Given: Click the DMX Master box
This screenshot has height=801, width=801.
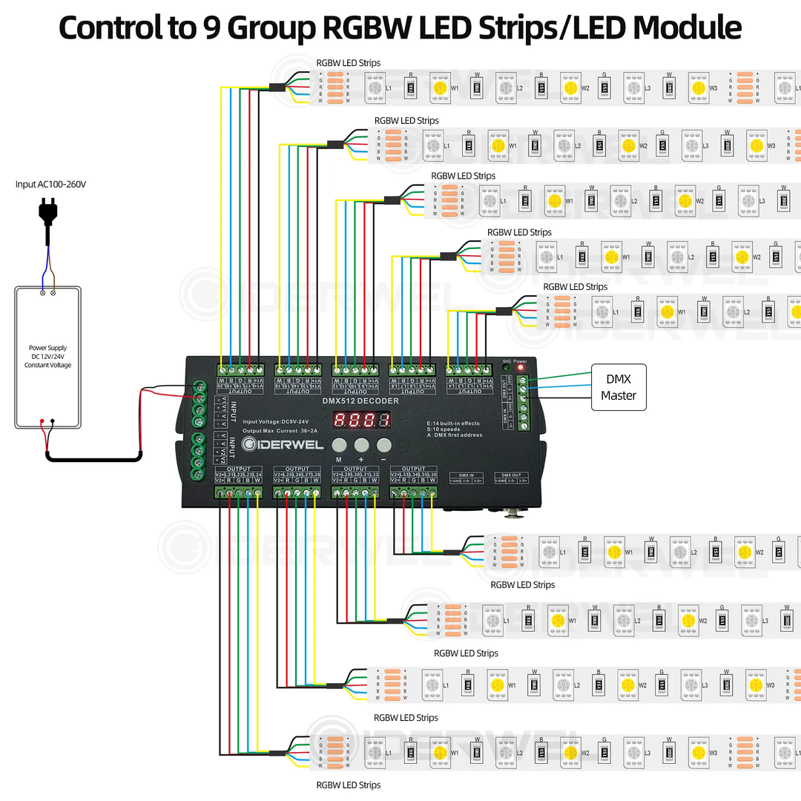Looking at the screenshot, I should [618, 387].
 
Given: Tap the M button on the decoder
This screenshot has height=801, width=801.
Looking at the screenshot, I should [339, 445].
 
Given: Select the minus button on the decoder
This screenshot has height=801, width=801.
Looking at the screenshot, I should [383, 445].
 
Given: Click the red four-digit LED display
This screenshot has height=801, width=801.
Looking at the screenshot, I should [361, 420].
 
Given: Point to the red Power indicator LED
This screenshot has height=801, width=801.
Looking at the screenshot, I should [521, 367].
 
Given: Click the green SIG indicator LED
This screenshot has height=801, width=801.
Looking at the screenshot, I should [507, 367].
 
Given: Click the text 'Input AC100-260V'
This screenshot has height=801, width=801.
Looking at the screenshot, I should [50, 183].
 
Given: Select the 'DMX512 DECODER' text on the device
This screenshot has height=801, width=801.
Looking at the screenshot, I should [360, 401].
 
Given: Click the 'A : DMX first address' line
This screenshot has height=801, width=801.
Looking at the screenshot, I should [455, 435].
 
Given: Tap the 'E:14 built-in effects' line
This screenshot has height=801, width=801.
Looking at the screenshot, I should [453, 423].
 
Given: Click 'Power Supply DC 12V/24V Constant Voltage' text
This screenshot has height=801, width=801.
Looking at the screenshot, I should [47, 356].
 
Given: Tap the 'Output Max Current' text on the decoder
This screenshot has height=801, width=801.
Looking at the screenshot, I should [279, 430].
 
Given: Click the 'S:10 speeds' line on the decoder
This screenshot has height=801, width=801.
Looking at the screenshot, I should [444, 429].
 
